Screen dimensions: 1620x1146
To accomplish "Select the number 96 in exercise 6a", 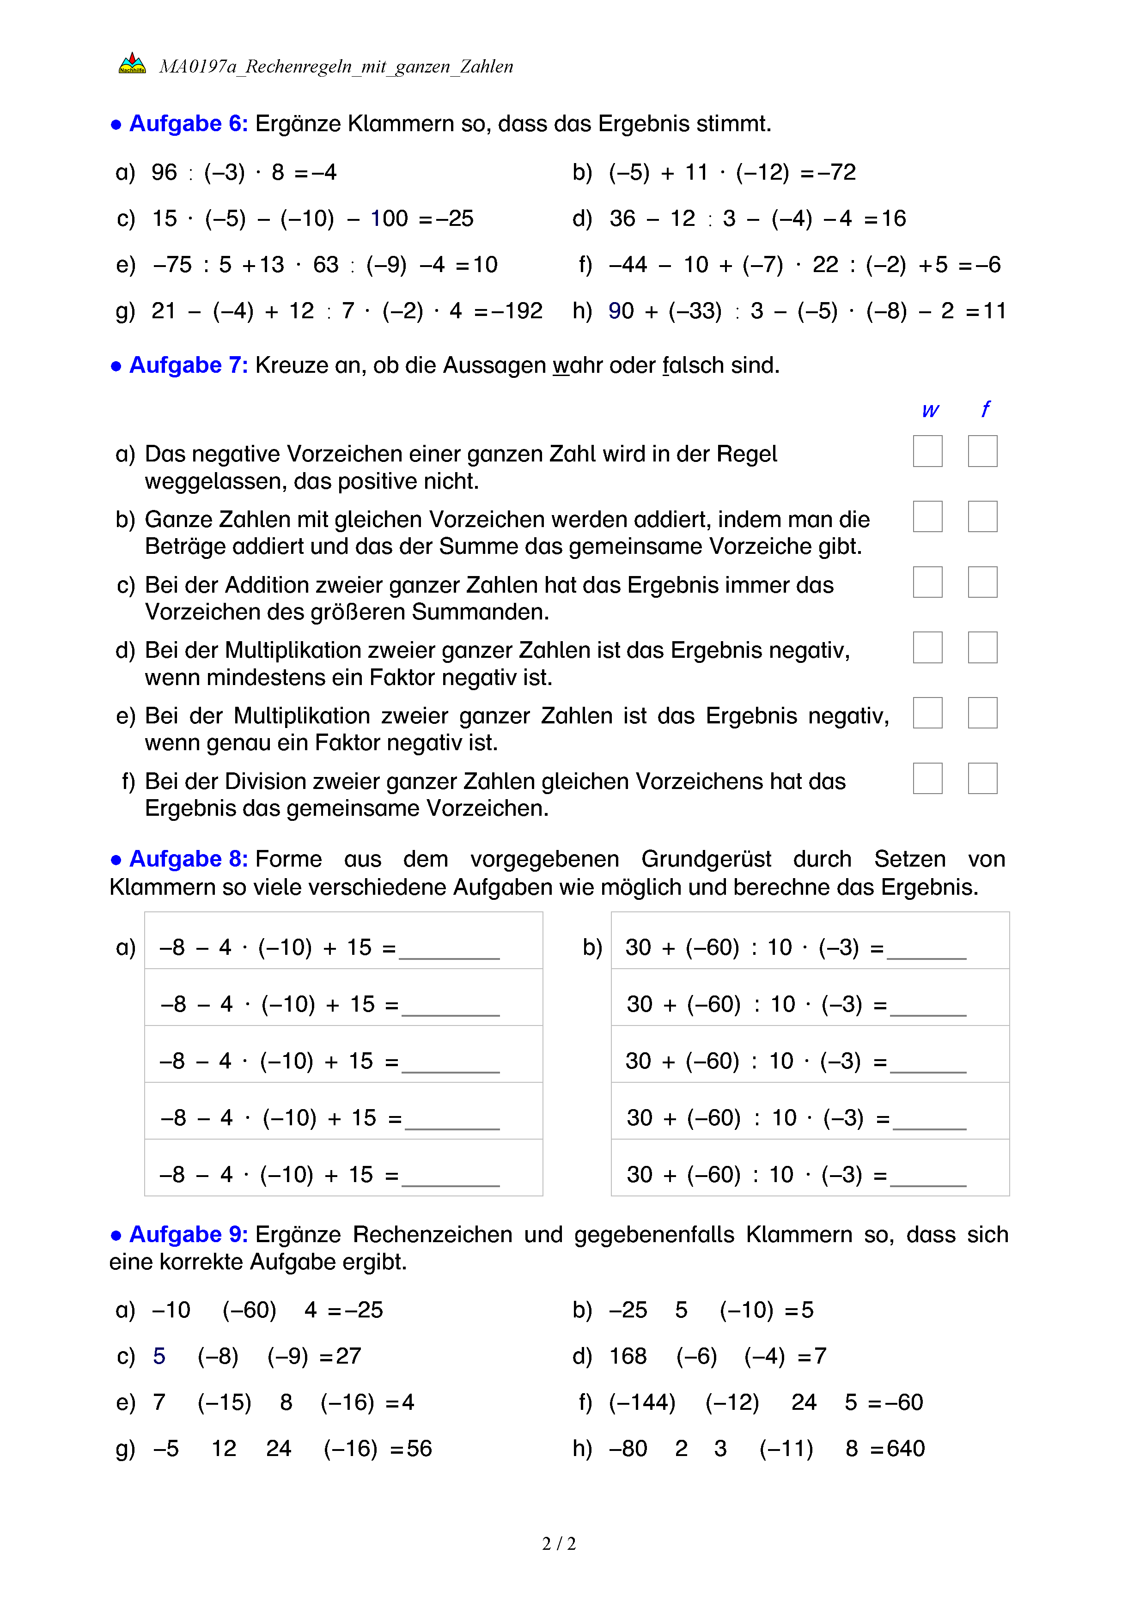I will point(165,172).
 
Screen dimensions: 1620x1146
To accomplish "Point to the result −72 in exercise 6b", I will point(836,172).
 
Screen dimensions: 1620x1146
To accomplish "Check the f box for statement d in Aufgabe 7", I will point(982,647).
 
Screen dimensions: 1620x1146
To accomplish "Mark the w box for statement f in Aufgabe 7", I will point(927,778).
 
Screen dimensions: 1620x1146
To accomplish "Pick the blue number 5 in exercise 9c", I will point(159,1356).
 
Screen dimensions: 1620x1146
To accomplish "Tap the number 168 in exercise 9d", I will point(628,1356).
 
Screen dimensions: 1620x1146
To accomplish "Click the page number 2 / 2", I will point(559,1544).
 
